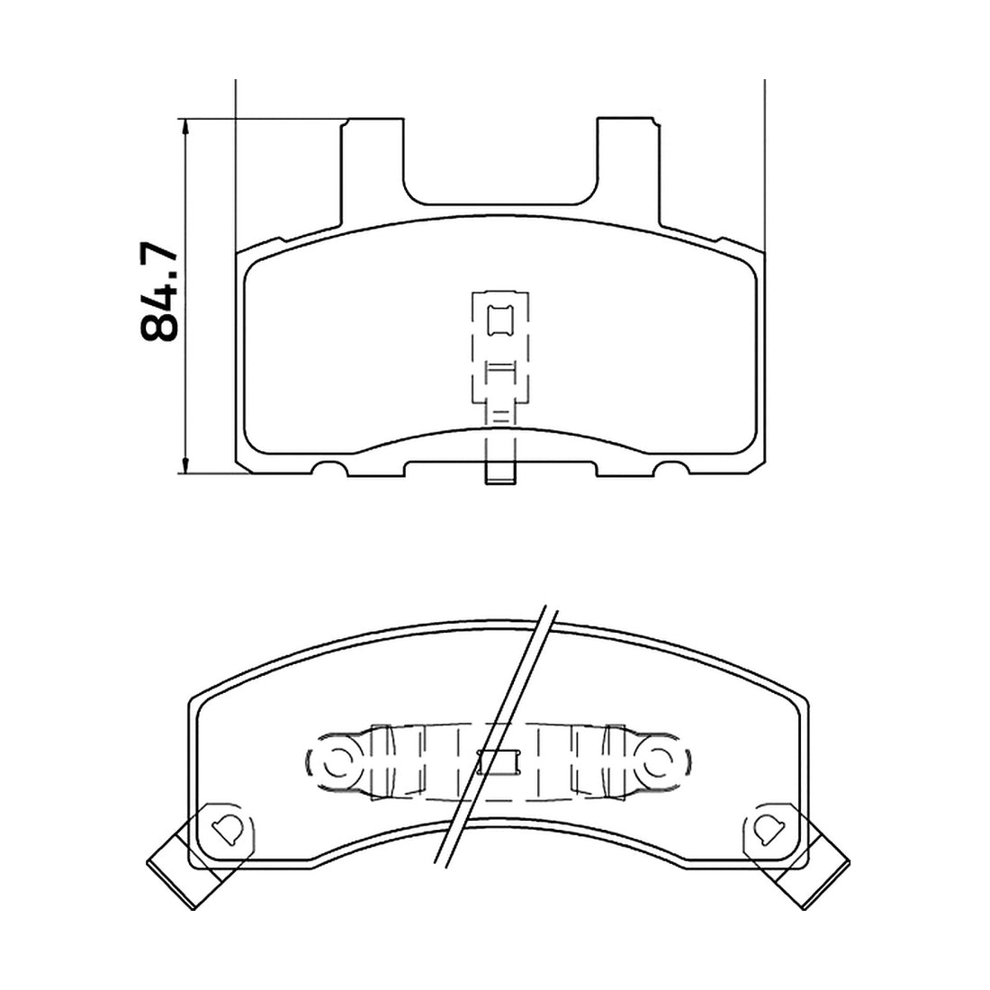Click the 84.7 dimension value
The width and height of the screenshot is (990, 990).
click(158, 291)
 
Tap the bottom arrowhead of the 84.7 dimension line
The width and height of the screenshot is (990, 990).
click(185, 464)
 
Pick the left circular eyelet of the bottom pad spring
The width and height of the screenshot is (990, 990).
click(338, 761)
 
